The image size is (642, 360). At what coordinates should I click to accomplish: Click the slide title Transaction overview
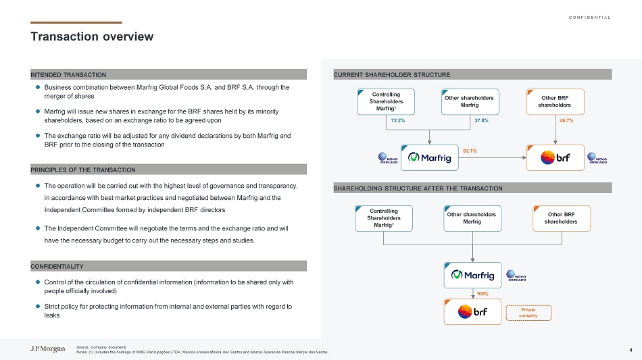coord(92,36)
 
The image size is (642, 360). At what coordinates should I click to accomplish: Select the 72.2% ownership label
coord(399,120)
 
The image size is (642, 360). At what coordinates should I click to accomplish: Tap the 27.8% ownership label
coord(482,120)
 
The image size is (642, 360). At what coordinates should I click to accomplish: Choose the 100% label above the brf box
coord(483,294)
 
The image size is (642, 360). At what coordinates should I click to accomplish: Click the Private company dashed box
coord(528,313)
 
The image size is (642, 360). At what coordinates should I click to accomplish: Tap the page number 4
coord(630,349)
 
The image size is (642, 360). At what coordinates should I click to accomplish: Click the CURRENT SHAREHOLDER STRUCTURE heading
coord(392,74)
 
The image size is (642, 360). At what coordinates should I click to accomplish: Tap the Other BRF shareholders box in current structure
coord(554,101)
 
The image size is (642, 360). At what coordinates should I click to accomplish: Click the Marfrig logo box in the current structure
coord(430,158)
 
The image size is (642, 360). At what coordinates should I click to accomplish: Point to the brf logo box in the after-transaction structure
coord(472,312)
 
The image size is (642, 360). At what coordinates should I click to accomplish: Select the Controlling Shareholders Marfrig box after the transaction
coord(383,218)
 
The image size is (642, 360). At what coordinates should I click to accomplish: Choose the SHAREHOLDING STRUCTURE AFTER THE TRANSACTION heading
coord(418,188)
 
